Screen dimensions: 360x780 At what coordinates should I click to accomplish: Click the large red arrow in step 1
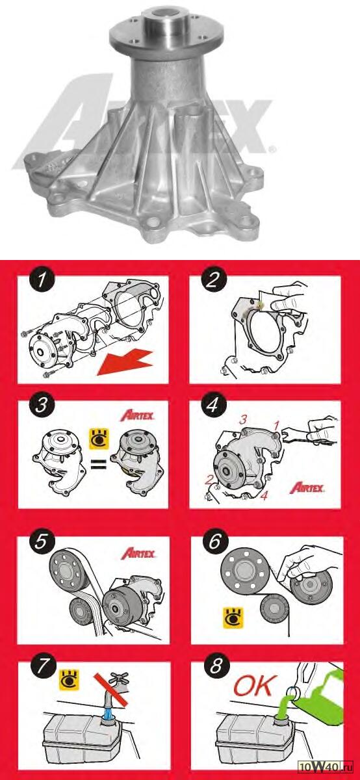[125, 363]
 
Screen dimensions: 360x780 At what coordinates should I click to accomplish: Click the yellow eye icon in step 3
[99, 438]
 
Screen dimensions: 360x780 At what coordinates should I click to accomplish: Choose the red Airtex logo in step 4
[307, 487]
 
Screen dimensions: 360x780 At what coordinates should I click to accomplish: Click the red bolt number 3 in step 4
[242, 420]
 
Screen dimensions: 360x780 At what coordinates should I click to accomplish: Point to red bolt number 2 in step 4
[209, 480]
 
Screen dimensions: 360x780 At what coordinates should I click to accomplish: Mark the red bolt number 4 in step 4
[264, 495]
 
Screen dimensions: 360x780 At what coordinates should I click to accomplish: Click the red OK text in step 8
[255, 685]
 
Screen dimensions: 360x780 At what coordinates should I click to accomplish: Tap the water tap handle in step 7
[118, 677]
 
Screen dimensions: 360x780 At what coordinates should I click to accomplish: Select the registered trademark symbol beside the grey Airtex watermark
[274, 149]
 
